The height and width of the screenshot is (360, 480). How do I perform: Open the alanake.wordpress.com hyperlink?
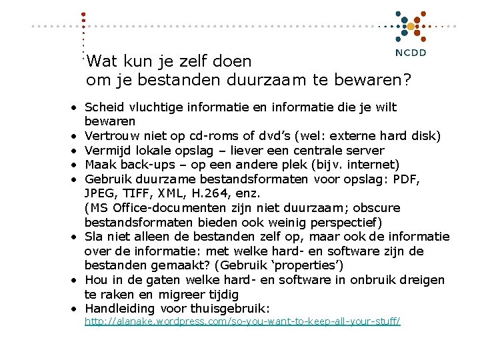pyautogui.click(x=242, y=321)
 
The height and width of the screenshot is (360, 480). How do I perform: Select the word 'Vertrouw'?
pyautogui.click(x=109, y=136)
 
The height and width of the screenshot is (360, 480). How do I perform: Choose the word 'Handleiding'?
pyautogui.click(x=120, y=309)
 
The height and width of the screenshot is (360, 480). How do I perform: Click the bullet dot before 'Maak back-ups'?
pyautogui.click(x=77, y=165)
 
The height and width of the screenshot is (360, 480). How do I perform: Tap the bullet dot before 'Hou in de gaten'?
pyautogui.click(x=77, y=280)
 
